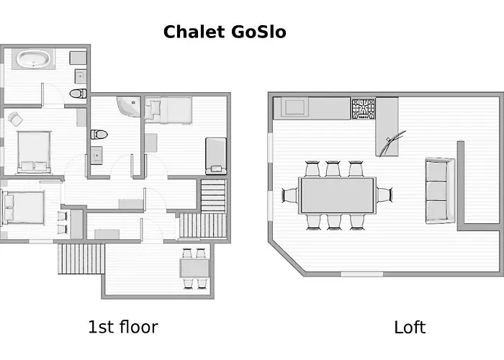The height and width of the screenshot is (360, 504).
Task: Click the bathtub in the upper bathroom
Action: pos(33,59)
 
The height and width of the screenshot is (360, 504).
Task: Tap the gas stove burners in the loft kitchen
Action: pos(363,109)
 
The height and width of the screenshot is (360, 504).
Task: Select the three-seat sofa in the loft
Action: pos(440,191)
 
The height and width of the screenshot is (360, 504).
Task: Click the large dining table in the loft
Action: pos(338,195)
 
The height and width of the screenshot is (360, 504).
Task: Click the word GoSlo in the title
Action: pos(258,32)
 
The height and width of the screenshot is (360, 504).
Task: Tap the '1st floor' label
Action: pos(123,327)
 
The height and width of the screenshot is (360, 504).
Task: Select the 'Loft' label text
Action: pos(410,327)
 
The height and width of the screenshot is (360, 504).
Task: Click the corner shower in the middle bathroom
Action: pos(129,107)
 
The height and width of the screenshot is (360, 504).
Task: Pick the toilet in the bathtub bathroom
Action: pos(78,94)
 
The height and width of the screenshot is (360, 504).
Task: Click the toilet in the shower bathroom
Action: pos(99,135)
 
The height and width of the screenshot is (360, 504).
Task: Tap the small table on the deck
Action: pos(195,268)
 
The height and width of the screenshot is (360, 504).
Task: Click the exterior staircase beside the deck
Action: pos(81,258)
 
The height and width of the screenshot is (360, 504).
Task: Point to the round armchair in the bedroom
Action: pos(15,119)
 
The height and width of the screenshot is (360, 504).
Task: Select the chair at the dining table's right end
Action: pos(384,195)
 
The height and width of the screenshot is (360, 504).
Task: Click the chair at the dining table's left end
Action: pos(290,195)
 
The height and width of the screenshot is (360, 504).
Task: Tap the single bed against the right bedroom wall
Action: pos(216,156)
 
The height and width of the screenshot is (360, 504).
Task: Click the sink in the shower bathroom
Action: pos(96,156)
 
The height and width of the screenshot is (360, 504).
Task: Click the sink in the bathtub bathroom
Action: pos(81,77)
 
